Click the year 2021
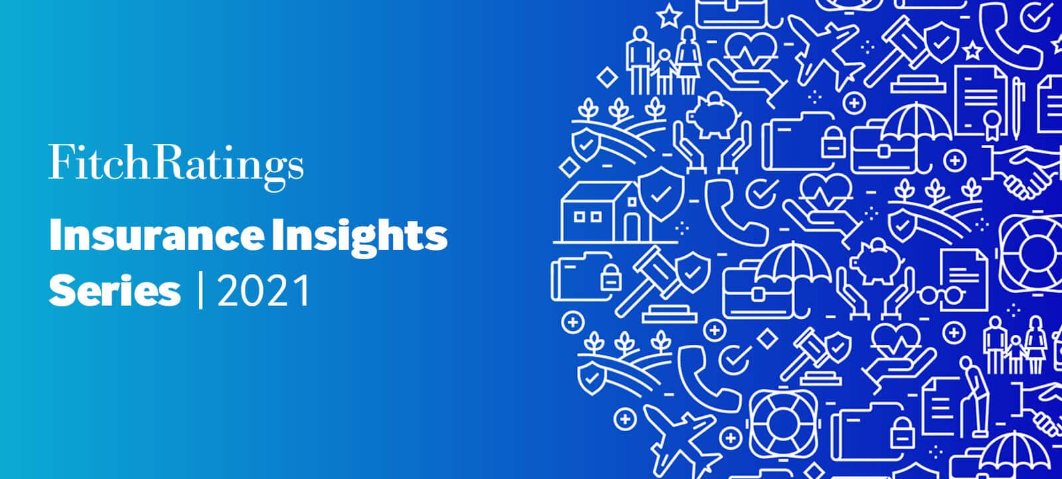(264, 291)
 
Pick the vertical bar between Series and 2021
(200, 291)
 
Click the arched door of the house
(632, 226)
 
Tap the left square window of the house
(579, 217)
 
